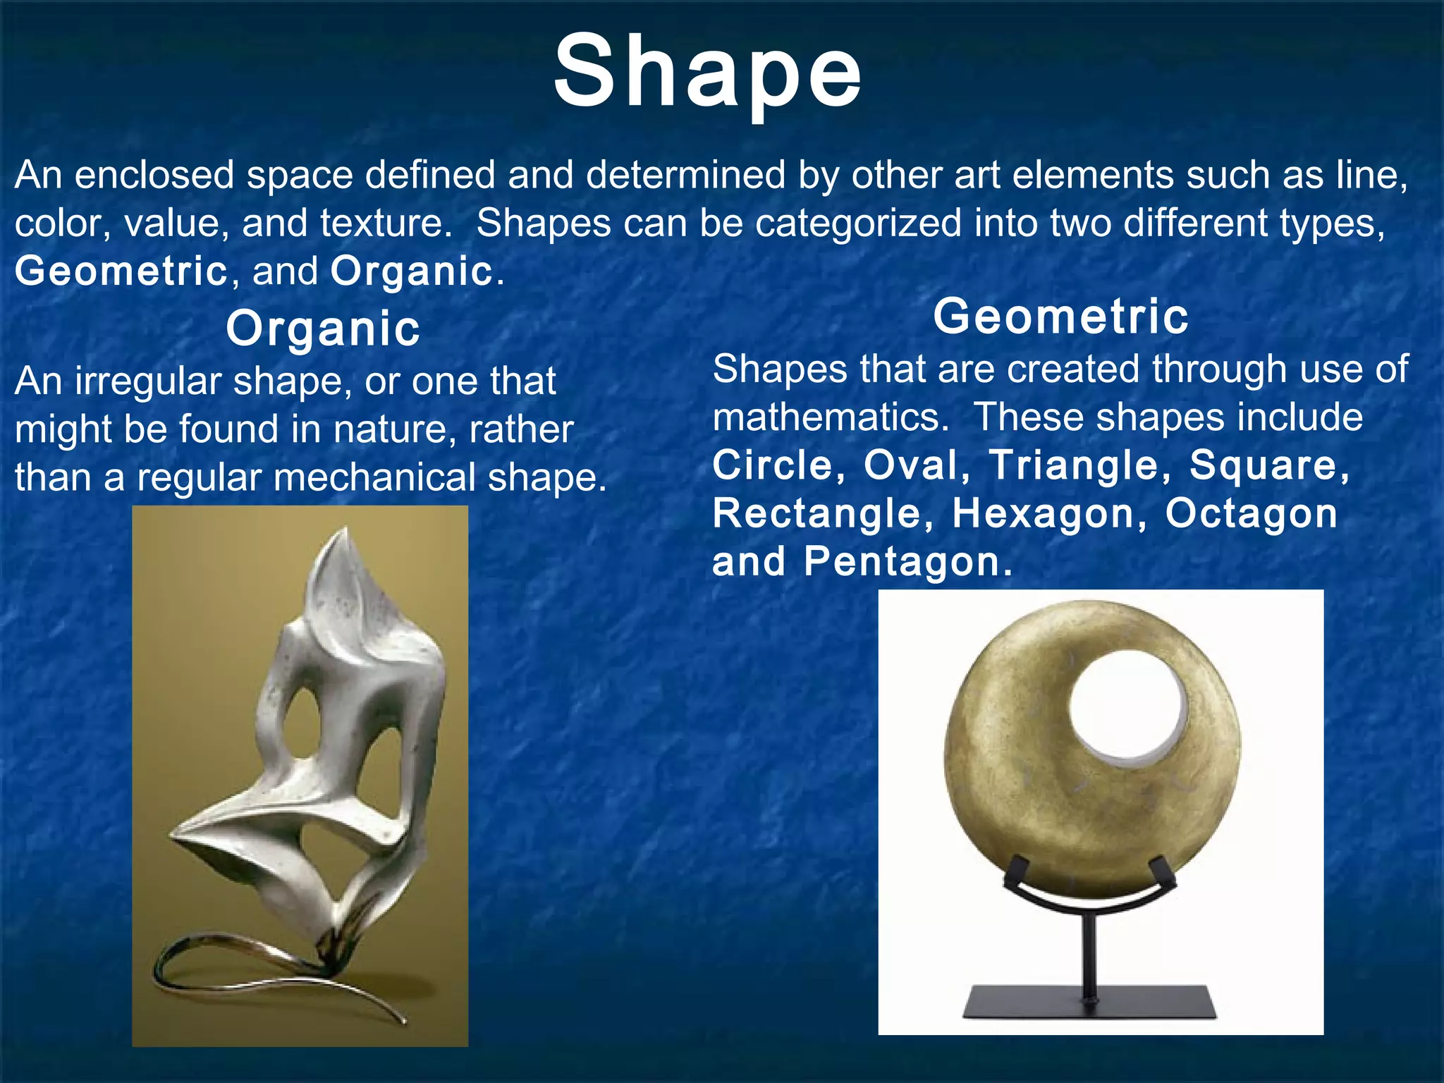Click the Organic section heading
[323, 329]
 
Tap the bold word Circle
[773, 465]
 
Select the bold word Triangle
[1074, 465]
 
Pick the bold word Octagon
[1251, 513]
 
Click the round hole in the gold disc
[1127, 705]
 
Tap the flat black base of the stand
[1090, 1003]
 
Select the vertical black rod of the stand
[1090, 952]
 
